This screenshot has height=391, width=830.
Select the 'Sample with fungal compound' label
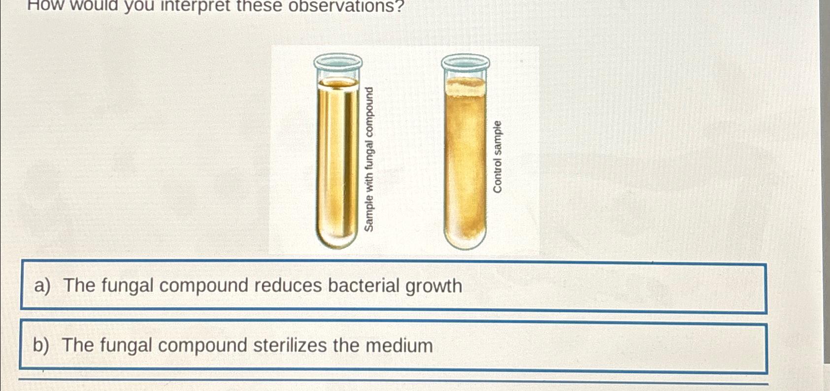click(x=369, y=159)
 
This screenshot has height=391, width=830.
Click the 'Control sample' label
click(x=498, y=157)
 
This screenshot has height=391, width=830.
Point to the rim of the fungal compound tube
click(x=338, y=62)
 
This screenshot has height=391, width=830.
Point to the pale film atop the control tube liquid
click(x=465, y=88)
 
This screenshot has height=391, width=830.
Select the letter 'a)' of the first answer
click(x=42, y=286)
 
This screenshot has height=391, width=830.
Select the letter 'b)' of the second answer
click(x=41, y=346)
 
